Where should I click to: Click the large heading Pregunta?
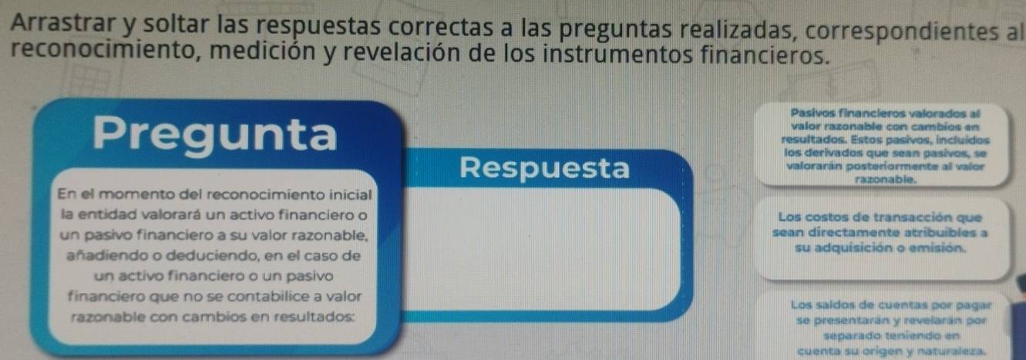[215, 133]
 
